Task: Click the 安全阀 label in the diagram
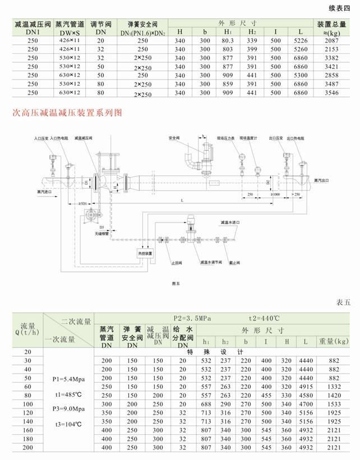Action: (174, 137)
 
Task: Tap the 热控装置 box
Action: (145, 253)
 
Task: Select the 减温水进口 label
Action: (231, 222)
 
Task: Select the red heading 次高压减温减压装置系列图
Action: (67, 113)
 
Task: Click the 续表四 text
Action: (338, 8)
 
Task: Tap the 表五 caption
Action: (343, 302)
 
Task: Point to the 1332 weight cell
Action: (334, 387)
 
